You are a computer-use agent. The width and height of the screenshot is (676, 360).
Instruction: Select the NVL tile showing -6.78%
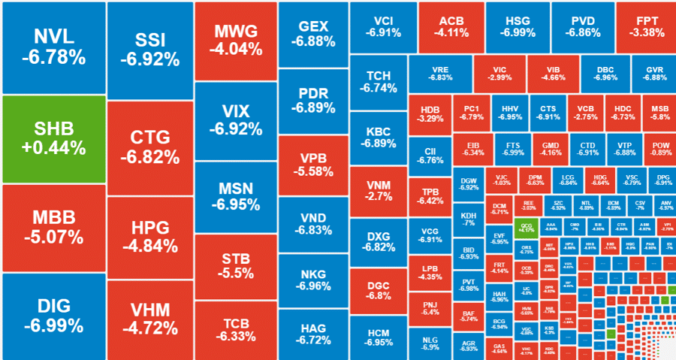coord(53,47)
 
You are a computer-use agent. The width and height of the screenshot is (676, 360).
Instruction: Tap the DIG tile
coord(53,316)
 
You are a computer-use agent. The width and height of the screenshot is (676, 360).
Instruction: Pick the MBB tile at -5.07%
coord(53,227)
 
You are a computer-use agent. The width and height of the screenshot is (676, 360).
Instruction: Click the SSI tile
coord(150,49)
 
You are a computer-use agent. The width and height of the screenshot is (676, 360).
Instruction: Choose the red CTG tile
coord(150,147)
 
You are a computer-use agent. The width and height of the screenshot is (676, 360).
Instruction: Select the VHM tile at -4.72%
coord(150,319)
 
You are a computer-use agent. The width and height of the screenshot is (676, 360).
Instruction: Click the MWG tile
coord(235,41)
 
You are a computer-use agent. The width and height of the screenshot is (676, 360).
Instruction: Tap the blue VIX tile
coord(235,119)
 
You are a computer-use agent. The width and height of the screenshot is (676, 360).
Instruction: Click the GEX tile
coord(312,33)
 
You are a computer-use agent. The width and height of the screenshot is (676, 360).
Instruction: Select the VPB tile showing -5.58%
coord(312,164)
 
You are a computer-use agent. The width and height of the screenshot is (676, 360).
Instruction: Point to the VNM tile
coord(379,190)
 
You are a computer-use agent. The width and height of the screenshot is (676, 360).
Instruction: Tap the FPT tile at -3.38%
coord(645,26)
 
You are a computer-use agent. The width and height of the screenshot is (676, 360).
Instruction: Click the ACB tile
coord(451,26)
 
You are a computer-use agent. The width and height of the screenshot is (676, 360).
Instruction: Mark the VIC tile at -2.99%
coord(499,73)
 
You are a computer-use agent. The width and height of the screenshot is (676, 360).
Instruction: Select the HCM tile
coord(379,337)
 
